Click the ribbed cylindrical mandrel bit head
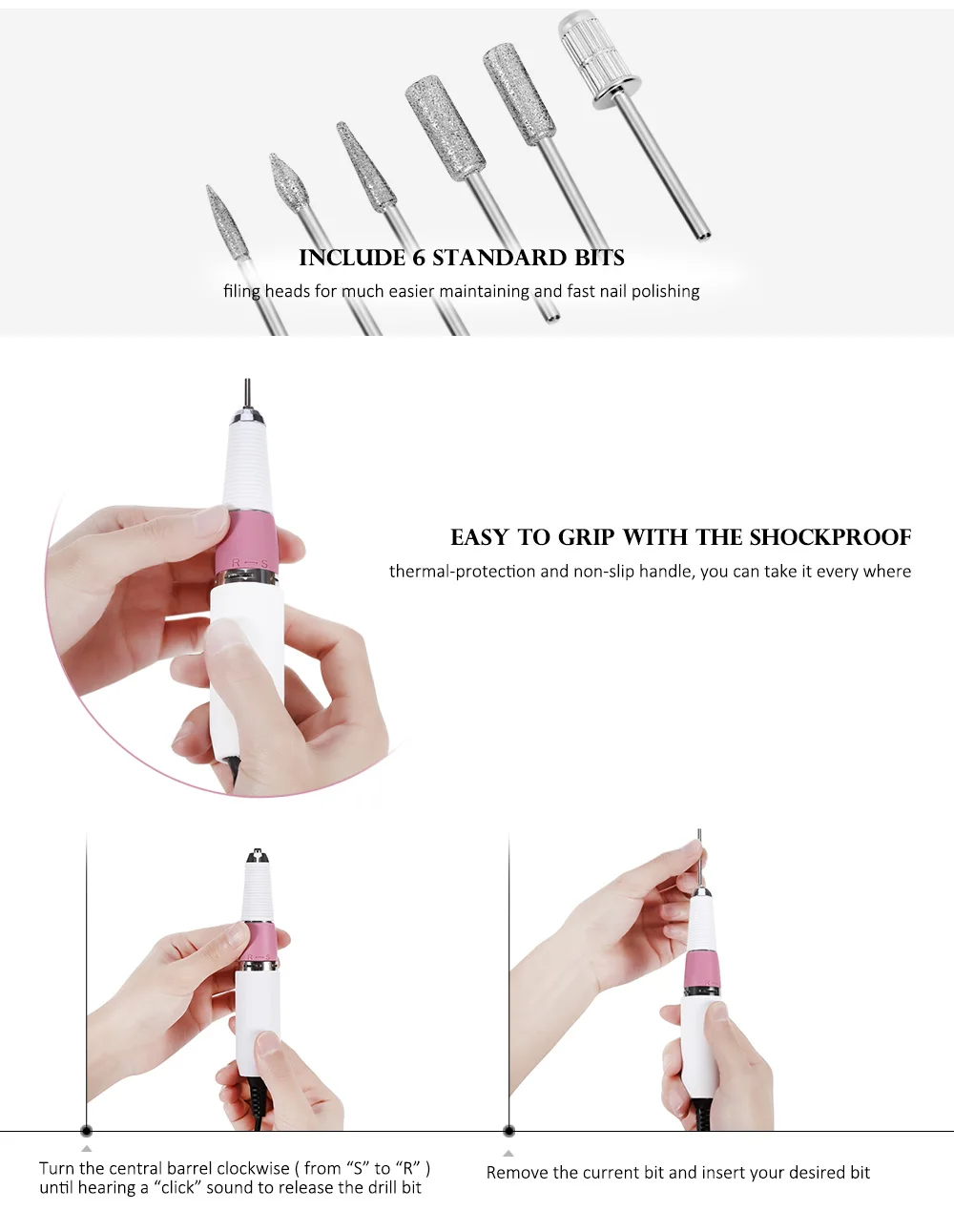(x=600, y=59)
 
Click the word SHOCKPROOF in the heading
(x=830, y=537)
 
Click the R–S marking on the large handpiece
(x=250, y=563)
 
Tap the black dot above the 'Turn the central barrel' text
(x=86, y=1131)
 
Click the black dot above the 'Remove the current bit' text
(x=509, y=1131)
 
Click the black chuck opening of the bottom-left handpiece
(x=257, y=856)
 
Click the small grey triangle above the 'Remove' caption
(x=508, y=1153)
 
